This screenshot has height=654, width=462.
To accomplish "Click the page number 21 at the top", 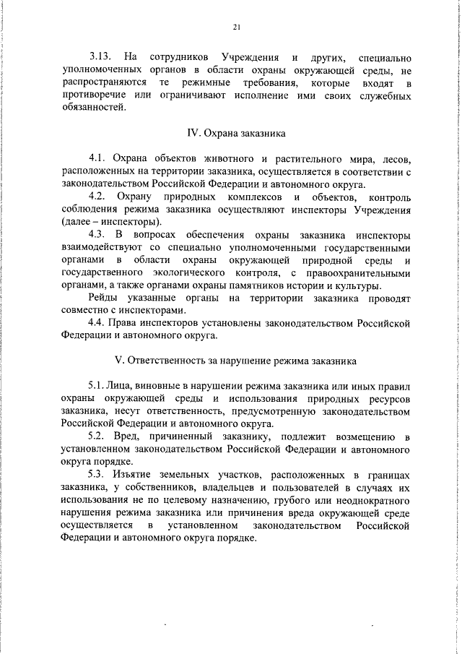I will [x=235, y=27].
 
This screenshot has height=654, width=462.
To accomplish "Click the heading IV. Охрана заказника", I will [x=235, y=133].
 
